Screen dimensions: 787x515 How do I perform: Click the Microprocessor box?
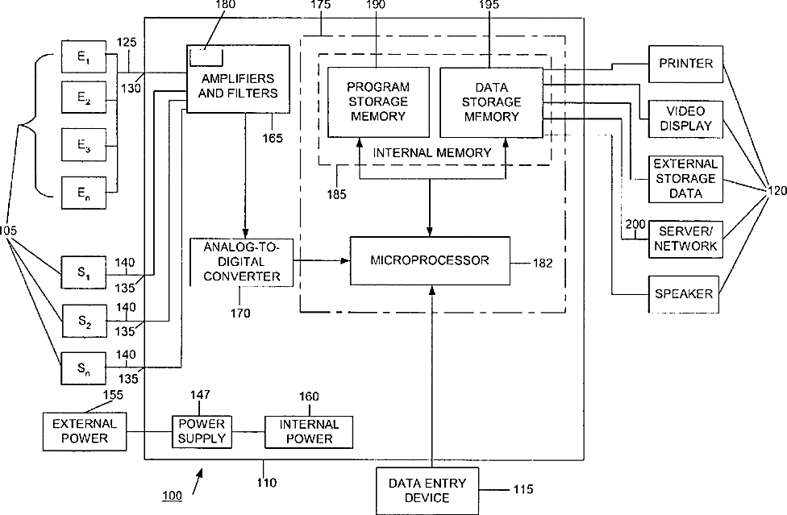(430, 261)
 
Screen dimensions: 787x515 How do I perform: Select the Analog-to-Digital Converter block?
(241, 262)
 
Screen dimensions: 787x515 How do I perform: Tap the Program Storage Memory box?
(378, 102)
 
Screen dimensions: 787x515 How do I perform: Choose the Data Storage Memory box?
(491, 102)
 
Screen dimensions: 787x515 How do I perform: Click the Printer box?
(685, 64)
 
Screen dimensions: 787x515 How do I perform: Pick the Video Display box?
(685, 119)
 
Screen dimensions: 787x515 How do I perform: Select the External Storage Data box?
(685, 179)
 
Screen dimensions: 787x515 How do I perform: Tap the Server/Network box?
(685, 239)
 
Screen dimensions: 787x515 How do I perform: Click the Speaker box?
(683, 294)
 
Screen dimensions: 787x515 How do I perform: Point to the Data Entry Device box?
(427, 491)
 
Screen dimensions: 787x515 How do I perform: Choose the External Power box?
(85, 431)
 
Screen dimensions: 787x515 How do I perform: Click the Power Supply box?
(202, 432)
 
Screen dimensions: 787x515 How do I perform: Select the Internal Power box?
(309, 432)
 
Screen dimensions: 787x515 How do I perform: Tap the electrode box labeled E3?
(84, 145)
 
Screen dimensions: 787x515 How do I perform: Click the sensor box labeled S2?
(84, 321)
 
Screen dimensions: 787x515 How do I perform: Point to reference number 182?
(543, 264)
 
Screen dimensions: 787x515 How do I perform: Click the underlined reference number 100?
(173, 496)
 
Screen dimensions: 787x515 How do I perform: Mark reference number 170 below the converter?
(240, 314)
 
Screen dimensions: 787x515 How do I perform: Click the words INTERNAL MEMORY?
(432, 153)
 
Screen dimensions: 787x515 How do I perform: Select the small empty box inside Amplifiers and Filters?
(206, 57)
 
